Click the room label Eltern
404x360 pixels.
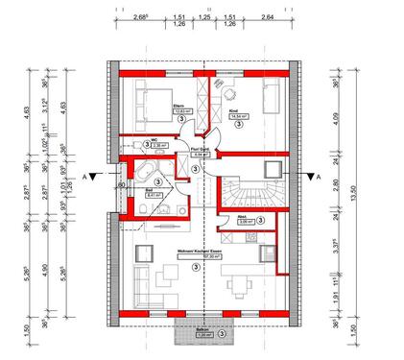coord(178,106)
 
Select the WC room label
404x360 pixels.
coord(154,139)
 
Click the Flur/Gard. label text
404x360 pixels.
coord(198,150)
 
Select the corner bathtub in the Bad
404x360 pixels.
coord(149,173)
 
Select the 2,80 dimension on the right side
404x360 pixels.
coord(351,187)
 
